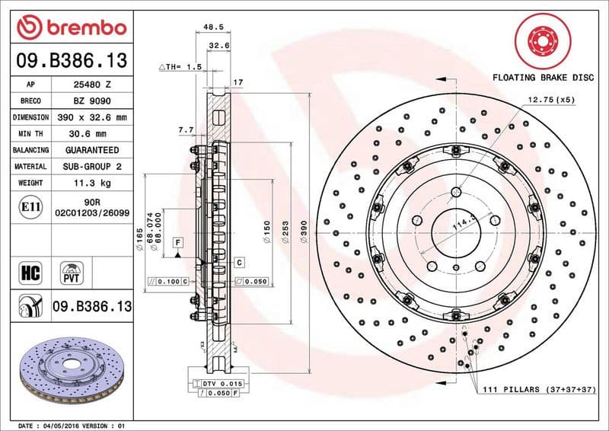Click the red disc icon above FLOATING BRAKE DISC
(x=541, y=38)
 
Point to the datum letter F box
(x=178, y=242)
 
